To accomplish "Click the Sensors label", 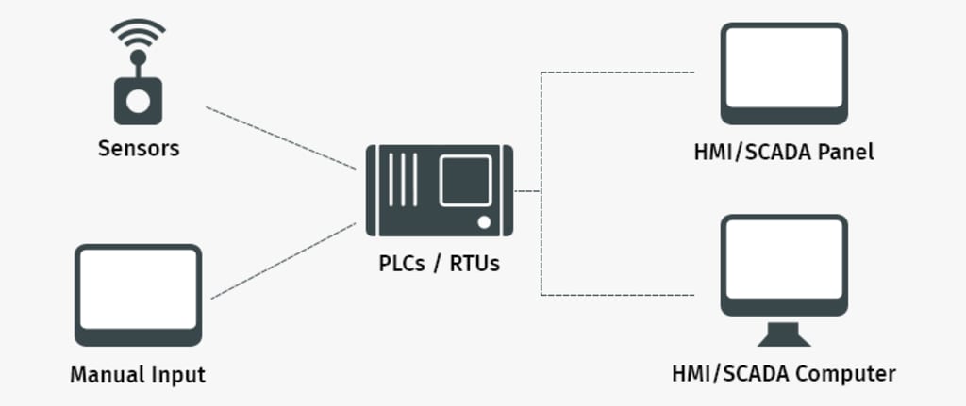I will coord(138,149).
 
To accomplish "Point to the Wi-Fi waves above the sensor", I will coord(138,36).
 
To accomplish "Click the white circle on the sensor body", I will coord(138,103).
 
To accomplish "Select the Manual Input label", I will coord(138,375).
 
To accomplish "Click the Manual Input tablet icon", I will coord(138,294).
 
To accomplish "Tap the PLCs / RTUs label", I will coord(440,264).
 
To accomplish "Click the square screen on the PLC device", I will coord(465,181).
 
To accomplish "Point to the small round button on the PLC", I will coord(484,222).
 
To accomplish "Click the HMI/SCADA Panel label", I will coord(783,152).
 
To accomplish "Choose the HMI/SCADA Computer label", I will coord(783,374).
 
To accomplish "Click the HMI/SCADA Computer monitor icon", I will coord(783,268).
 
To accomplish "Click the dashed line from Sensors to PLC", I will coord(280,138).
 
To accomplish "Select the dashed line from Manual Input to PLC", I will coord(283,261).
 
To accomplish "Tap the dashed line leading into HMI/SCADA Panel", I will coord(618,72).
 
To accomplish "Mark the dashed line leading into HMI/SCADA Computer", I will coord(618,295).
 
